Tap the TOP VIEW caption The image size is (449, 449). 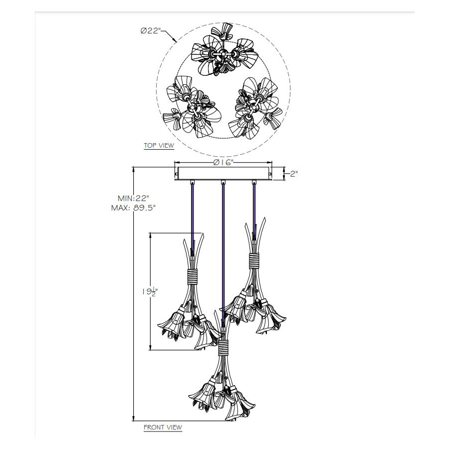tap(159, 146)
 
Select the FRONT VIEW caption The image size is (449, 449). tap(163, 428)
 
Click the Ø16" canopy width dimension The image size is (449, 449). tap(224, 162)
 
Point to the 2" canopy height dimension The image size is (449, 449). tap(294, 174)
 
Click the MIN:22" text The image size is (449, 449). tap(133, 198)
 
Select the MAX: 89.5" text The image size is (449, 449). tap(133, 208)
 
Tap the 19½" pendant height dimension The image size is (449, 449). tap(150, 291)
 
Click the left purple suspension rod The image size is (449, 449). tap(193, 218)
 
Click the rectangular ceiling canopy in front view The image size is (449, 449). tap(224, 174)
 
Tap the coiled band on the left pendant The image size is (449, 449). tap(193, 276)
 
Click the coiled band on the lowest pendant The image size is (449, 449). tap(224, 348)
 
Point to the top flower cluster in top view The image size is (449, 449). tap(224, 53)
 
